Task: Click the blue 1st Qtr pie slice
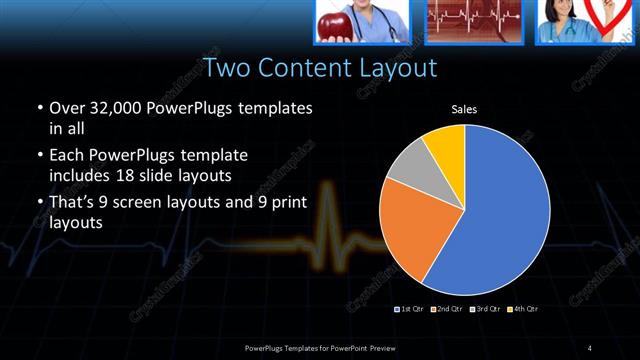pos(500,210)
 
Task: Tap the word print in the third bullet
pos(284,202)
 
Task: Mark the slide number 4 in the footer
pos(590,347)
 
